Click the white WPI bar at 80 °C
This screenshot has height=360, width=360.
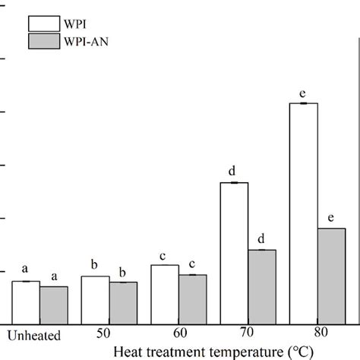(303, 213)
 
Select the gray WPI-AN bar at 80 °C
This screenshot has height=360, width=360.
(331, 276)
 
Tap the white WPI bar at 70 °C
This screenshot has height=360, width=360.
(234, 253)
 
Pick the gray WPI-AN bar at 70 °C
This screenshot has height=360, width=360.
(262, 286)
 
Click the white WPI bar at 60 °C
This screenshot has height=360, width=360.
(165, 294)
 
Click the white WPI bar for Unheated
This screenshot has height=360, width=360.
(26, 302)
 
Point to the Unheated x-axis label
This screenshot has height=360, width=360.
(33, 335)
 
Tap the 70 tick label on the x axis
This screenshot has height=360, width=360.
(248, 335)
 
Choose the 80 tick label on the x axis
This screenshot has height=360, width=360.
(317, 335)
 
